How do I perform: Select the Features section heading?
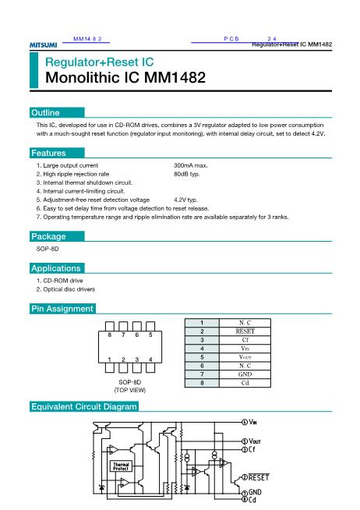48,154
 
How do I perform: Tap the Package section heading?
48,236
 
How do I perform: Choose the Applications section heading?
55,267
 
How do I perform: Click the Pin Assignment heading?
62,309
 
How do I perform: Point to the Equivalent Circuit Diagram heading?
83,407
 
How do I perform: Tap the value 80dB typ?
188,175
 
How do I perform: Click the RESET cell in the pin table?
245,331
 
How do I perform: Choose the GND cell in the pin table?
245,374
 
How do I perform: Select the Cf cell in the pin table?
245,339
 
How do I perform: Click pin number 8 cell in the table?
202,382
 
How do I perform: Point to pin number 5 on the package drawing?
150,335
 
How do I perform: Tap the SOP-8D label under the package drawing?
125,382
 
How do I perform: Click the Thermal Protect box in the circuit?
121,466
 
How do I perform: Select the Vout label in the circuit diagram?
256,441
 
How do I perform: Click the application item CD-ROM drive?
62,280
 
